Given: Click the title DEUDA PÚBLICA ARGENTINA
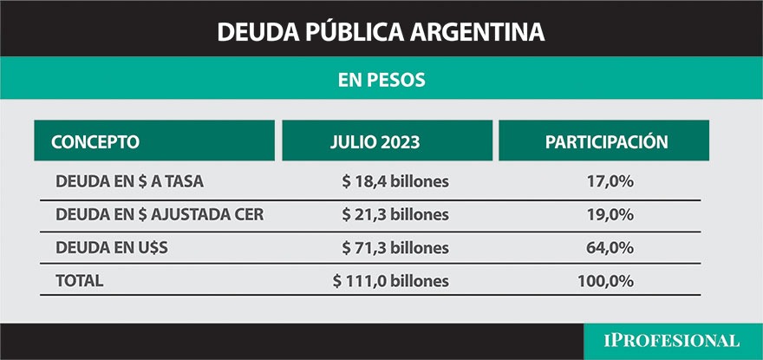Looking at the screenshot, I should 381,32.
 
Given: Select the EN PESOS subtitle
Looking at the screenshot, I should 381,80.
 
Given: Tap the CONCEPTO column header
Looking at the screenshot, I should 95,141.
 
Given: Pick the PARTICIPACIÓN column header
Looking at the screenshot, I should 606,141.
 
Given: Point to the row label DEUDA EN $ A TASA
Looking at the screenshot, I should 129,181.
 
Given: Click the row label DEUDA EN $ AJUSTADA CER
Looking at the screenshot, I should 159,214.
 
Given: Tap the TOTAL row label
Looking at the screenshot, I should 79,281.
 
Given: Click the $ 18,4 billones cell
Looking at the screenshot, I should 395,181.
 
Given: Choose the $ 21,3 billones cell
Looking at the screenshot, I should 395,214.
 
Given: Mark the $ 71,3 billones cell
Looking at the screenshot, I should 395,248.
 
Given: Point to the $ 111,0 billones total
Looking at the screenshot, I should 391,281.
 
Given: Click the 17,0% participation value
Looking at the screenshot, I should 610,181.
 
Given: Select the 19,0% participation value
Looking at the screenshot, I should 610,214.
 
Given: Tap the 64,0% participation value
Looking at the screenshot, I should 610,248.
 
